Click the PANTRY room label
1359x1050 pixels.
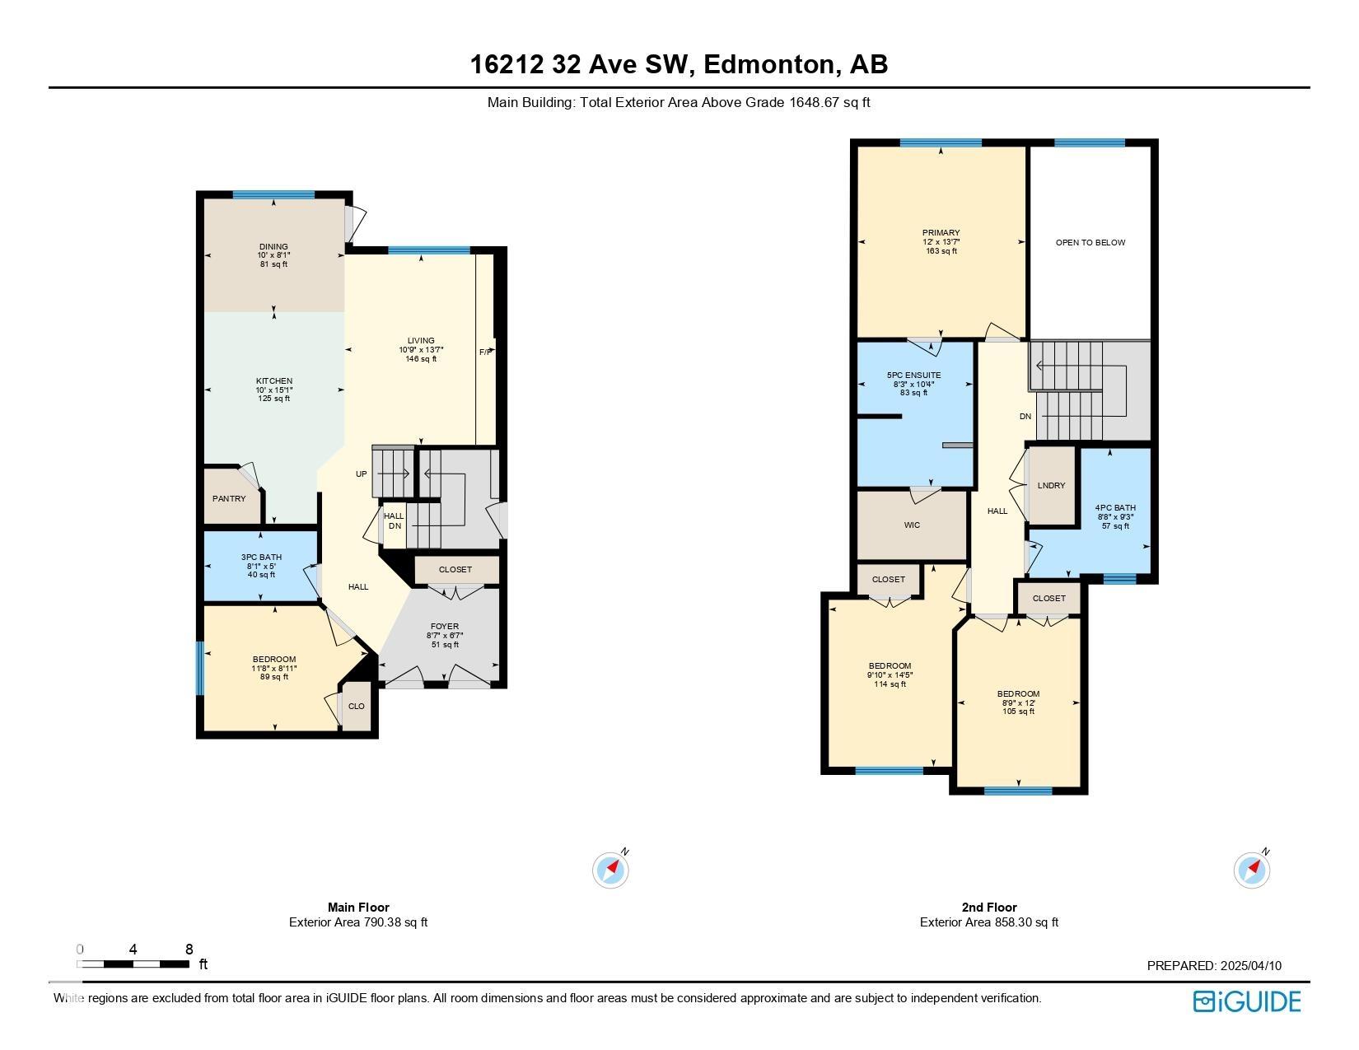[229, 498]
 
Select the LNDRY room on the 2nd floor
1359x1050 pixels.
[1051, 485]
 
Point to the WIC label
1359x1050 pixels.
[912, 525]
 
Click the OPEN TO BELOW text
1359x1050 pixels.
[1090, 243]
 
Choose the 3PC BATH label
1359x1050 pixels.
[261, 558]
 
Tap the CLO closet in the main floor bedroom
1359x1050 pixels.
[357, 706]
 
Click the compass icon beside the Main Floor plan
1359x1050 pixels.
[610, 870]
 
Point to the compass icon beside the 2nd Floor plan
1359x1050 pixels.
[1251, 870]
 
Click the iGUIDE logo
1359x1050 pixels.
[1247, 1002]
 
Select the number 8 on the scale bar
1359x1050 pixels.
[189, 950]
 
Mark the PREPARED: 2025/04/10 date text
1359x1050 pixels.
[1214, 965]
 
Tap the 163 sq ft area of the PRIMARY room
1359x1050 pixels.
[941, 251]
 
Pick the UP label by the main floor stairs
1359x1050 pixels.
[362, 474]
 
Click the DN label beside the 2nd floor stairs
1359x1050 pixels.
[1025, 417]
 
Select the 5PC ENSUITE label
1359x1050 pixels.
[913, 376]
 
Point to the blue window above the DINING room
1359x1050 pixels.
[273, 194]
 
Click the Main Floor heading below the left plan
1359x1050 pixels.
[358, 908]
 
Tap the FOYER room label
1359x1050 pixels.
[445, 627]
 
